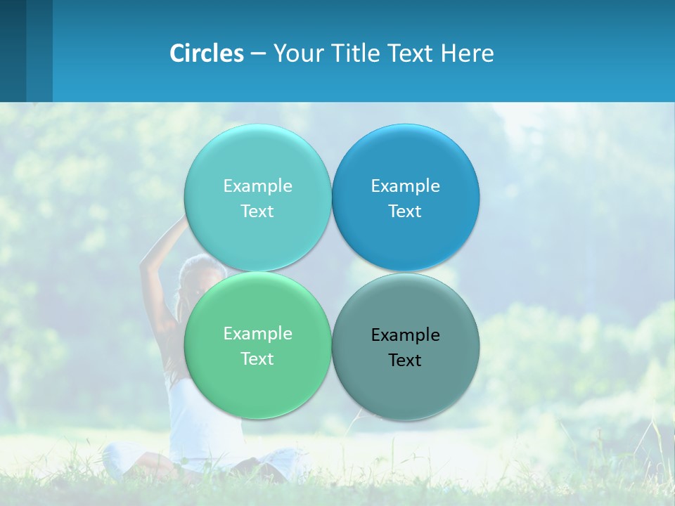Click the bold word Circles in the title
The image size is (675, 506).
tap(207, 53)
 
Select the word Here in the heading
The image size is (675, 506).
tap(467, 53)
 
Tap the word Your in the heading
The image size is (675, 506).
tap(299, 53)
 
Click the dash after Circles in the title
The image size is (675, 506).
tap(258, 54)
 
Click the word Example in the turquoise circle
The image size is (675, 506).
tap(257, 186)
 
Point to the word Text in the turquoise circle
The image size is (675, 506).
tap(257, 211)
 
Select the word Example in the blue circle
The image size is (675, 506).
tap(405, 186)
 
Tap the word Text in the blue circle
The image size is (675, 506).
tap(405, 211)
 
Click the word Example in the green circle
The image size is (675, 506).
tap(257, 333)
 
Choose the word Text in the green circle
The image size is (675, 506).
tap(257, 358)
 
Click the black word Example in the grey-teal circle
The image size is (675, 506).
tap(405, 335)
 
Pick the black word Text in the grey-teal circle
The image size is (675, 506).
tap(405, 360)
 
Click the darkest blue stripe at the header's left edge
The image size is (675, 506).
tap(13, 51)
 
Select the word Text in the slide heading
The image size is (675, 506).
tap(411, 53)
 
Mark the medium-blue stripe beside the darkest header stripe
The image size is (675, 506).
tap(39, 51)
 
